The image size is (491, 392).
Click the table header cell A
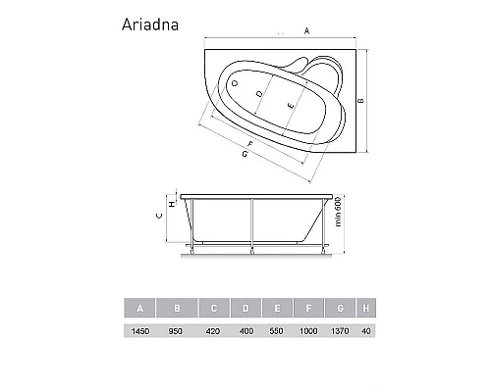click(x=140, y=309)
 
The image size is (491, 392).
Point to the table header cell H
click(x=365, y=309)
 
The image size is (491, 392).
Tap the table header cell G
click(x=340, y=309)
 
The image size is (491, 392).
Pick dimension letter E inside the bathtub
click(x=289, y=103)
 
